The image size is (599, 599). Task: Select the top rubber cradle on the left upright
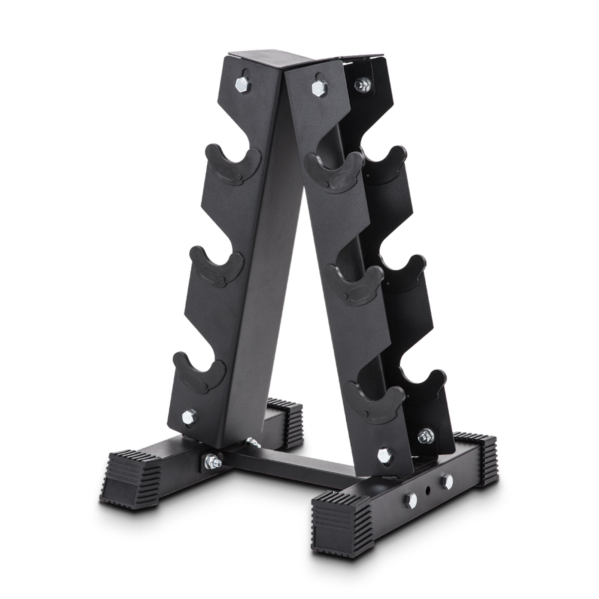(x=232, y=165)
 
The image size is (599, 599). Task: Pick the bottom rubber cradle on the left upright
(x=199, y=372)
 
